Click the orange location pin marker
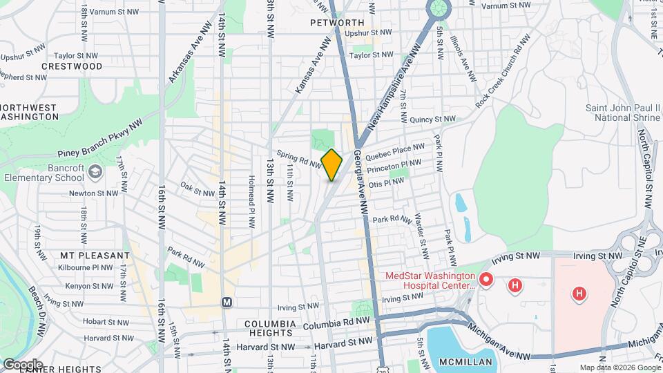click(x=332, y=164)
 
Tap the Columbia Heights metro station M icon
click(x=226, y=303)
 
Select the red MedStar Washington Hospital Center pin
click(x=486, y=280)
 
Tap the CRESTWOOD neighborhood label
click(x=72, y=66)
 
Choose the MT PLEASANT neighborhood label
click(x=95, y=256)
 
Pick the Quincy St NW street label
click(x=432, y=119)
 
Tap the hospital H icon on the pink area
click(x=579, y=294)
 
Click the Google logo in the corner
click(x=22, y=364)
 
